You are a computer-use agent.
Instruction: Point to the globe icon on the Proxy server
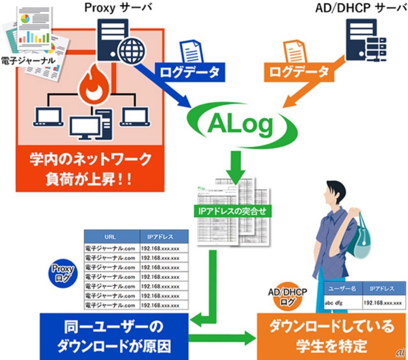(x=131, y=51)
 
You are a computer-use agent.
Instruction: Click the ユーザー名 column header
(x=342, y=289)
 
